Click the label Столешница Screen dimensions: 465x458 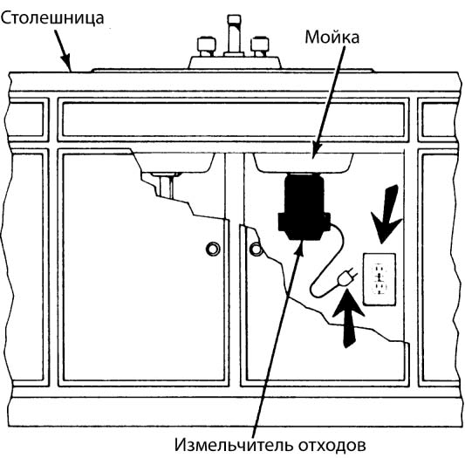(52, 18)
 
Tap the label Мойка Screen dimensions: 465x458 (332, 38)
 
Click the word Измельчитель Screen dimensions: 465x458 (233, 444)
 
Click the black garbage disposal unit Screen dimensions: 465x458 (304, 207)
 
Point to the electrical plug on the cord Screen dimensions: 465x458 (347, 277)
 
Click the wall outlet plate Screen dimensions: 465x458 (380, 279)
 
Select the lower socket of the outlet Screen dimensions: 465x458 (380, 288)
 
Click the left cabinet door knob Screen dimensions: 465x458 (213, 249)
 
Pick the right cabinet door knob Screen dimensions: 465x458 (256, 249)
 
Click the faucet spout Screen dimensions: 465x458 (234, 35)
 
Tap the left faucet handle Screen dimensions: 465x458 (206, 46)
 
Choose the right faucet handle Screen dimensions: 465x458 (260, 46)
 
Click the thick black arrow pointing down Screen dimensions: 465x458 (387, 214)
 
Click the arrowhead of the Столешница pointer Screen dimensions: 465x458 (67, 63)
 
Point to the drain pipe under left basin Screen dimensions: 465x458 (166, 186)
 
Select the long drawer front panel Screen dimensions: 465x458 (234, 120)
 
